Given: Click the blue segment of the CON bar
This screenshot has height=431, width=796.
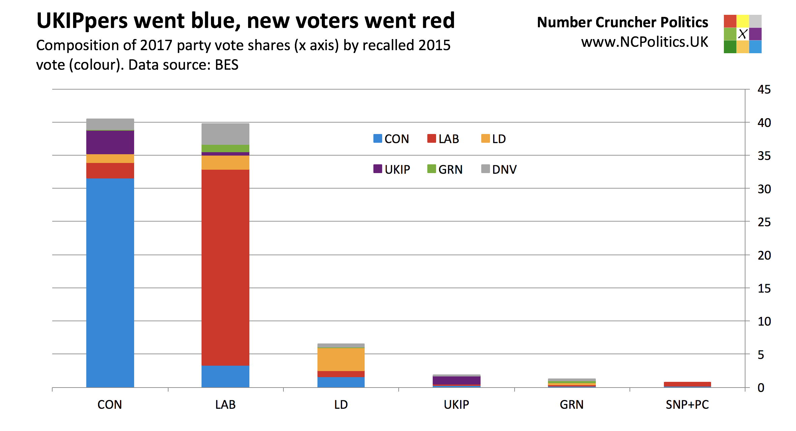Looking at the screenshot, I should (x=110, y=283).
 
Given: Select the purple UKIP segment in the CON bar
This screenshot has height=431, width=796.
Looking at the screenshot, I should (x=110, y=142).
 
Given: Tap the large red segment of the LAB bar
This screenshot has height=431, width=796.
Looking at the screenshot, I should (x=225, y=268).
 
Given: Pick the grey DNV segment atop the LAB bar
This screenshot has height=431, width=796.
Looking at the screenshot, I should (x=225, y=134).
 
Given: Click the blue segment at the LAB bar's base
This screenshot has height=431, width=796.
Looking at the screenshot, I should (x=225, y=376).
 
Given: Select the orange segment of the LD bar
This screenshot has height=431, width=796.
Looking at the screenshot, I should (x=341, y=360).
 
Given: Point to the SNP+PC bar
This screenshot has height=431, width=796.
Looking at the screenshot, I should (x=687, y=384).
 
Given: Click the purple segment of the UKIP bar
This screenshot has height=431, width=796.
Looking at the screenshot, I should (x=456, y=380).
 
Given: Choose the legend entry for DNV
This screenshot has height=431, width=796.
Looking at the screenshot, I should (x=499, y=169).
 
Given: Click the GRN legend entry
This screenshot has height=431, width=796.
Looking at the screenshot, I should (x=445, y=169).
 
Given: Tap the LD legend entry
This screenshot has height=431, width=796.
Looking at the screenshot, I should (x=494, y=139).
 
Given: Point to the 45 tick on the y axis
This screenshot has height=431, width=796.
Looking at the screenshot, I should (x=764, y=90).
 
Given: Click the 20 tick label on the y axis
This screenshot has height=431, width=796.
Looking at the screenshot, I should (x=764, y=256).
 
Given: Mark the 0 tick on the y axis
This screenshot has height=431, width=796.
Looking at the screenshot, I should (x=761, y=388).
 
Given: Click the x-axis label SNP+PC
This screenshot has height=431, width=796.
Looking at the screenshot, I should (x=687, y=404).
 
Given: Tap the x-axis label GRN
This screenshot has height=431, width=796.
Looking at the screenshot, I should (x=572, y=404).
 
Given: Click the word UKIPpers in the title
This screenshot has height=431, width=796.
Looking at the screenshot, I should (x=82, y=21).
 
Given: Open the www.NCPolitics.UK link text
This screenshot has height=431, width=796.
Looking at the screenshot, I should (x=644, y=42).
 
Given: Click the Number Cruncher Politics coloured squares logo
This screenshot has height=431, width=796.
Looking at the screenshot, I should (x=742, y=34).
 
